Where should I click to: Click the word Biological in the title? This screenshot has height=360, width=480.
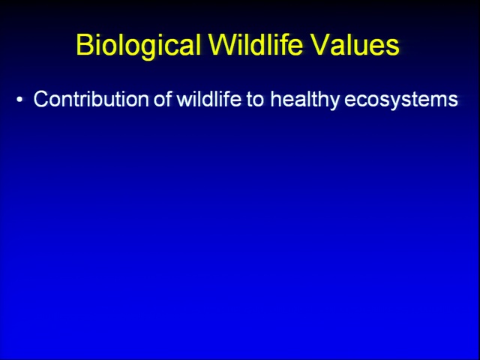[138, 45]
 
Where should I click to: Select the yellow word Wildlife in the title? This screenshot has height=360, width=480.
[256, 44]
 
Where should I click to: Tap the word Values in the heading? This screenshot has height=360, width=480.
[355, 45]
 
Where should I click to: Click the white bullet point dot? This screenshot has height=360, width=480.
[20, 100]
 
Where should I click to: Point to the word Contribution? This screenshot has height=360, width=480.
[91, 99]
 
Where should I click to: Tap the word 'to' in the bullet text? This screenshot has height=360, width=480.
[255, 100]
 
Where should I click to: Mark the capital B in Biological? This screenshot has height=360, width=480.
[84, 45]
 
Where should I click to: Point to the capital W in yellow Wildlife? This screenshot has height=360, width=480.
[223, 45]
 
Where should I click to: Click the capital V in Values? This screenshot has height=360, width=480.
[320, 45]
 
